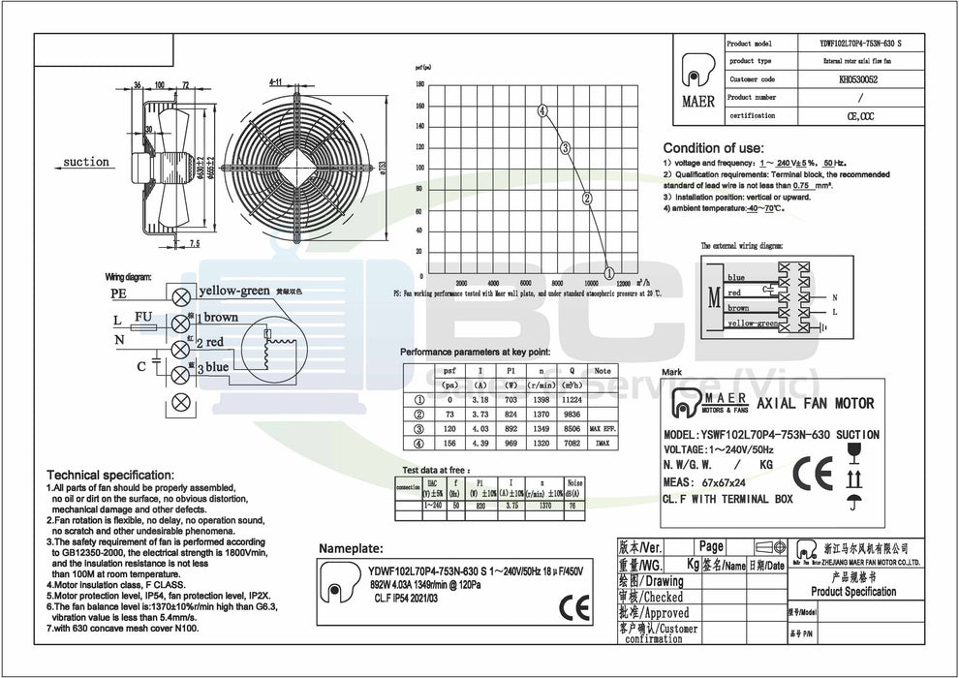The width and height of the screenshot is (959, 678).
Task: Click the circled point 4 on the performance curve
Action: pyautogui.click(x=543, y=111)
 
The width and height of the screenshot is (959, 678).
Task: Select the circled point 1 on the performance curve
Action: pyautogui.click(x=608, y=272)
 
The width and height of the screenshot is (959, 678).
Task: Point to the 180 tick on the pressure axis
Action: pyautogui.click(x=420, y=84)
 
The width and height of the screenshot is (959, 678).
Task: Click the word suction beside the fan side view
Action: pyautogui.click(x=86, y=162)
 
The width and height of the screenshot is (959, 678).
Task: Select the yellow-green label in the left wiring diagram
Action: pyautogui.click(x=233, y=291)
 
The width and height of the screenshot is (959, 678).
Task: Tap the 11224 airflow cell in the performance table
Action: pyautogui.click(x=572, y=399)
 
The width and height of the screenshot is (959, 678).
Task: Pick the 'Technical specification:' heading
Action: pyautogui.click(x=110, y=476)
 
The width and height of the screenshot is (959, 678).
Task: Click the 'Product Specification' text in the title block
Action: pyautogui.click(x=852, y=592)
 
